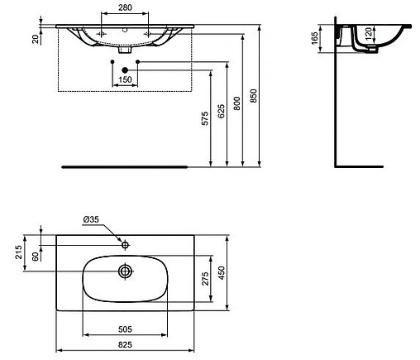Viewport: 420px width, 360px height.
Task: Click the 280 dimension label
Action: click(x=125, y=8)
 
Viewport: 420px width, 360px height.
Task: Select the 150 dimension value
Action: click(x=125, y=79)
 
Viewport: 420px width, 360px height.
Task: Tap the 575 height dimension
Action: click(x=204, y=118)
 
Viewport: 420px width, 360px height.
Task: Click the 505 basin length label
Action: click(x=125, y=327)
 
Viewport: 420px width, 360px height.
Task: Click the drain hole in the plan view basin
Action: click(x=125, y=271)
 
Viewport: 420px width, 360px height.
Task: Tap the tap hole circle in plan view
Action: click(x=125, y=244)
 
